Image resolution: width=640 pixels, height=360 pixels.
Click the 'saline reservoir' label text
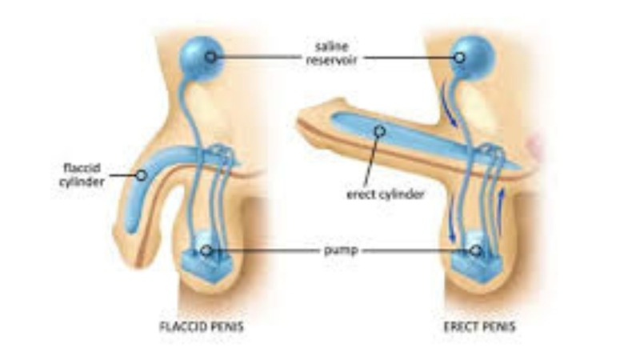point(331,54)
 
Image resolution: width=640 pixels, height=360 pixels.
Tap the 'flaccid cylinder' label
point(82,174)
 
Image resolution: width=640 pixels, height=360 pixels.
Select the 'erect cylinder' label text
point(386,194)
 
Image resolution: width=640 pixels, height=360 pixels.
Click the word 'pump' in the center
point(341,250)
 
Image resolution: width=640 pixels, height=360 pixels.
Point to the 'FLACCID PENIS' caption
point(202,326)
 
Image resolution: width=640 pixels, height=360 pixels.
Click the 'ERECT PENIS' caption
point(479,326)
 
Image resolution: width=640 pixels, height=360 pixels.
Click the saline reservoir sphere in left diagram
point(202,58)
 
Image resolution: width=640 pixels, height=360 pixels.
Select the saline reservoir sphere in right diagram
point(473,57)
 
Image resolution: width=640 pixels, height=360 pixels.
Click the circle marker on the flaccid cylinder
point(142,175)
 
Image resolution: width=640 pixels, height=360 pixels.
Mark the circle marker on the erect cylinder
point(380,131)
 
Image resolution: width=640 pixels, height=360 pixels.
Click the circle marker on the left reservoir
point(210,57)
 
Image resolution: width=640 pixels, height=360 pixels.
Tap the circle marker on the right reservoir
point(459,58)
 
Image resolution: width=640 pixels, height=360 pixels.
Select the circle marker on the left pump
point(206,250)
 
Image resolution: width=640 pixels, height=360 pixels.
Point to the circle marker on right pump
point(475,250)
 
